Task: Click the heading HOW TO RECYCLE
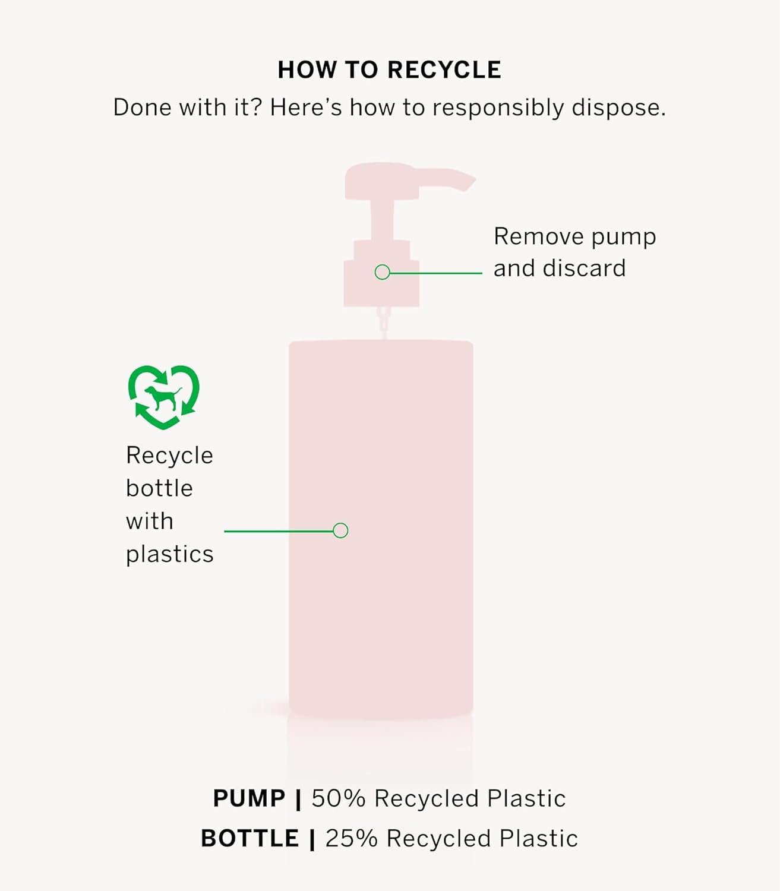(x=389, y=70)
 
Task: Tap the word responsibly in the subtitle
(x=498, y=108)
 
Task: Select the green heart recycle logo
(x=163, y=397)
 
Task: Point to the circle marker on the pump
(x=383, y=272)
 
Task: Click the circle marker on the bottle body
(x=340, y=530)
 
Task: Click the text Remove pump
(x=574, y=236)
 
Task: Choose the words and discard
(x=559, y=268)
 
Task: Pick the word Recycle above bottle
(x=169, y=456)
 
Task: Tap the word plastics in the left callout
(x=169, y=554)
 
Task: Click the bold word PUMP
(x=249, y=798)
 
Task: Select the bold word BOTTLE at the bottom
(x=250, y=839)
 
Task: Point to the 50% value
(x=338, y=798)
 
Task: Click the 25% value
(x=351, y=839)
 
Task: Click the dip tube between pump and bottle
(x=384, y=323)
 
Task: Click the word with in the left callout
(x=149, y=522)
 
